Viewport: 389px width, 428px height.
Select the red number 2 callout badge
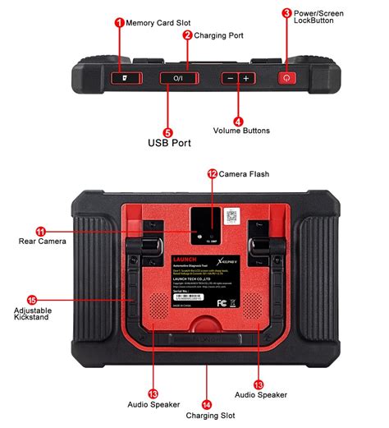[187, 35]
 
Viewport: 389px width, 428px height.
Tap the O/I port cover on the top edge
[179, 77]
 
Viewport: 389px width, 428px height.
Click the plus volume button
[246, 77]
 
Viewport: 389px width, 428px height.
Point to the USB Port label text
[171, 143]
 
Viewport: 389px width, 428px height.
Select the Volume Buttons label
[241, 131]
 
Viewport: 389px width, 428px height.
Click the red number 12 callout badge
[212, 173]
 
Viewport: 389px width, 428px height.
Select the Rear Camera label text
[42, 242]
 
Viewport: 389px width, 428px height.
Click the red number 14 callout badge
[206, 404]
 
